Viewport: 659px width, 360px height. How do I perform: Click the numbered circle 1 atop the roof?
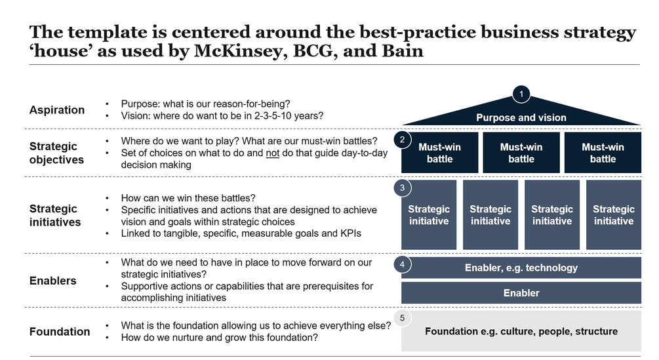pos(521,94)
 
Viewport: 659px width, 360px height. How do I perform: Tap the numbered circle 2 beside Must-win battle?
pos(401,140)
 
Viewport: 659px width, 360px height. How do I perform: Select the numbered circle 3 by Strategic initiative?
pos(401,188)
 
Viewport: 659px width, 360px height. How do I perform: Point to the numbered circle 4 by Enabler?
pos(401,264)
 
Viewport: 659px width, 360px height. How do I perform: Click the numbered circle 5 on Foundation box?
pos(401,318)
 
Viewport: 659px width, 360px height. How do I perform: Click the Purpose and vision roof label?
pos(521,117)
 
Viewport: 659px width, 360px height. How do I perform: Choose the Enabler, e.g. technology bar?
pos(521,268)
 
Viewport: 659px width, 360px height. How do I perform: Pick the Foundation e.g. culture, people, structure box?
pos(521,331)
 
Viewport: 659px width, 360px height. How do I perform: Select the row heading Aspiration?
pos(57,110)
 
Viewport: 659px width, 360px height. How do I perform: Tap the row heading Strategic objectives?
pos(57,153)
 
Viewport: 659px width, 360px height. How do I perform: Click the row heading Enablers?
pos(53,281)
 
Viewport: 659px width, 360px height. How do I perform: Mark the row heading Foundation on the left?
pos(60,332)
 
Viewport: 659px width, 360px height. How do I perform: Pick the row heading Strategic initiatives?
pos(55,215)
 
